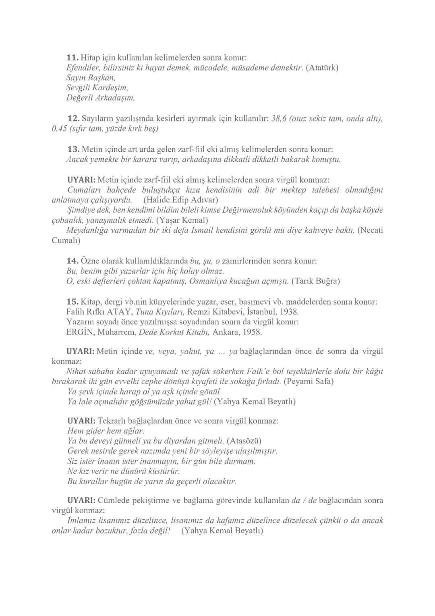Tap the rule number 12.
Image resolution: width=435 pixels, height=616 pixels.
[73, 119]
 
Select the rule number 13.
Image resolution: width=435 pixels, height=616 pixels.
[73, 149]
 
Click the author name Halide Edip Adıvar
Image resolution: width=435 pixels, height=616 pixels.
[180, 200]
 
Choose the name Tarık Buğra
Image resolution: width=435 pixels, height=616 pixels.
[315, 281]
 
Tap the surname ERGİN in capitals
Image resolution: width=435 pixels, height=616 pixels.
[80, 332]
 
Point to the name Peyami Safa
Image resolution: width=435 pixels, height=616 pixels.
[308, 381]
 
